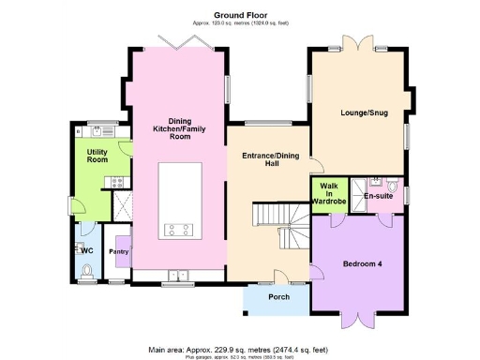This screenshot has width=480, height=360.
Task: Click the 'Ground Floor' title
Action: (239, 15)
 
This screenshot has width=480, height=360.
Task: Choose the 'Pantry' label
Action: (118, 252)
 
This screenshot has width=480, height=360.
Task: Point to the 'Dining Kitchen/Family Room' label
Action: (179, 127)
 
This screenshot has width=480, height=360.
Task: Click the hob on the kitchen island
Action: (179, 228)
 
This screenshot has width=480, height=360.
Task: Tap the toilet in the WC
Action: (87, 271)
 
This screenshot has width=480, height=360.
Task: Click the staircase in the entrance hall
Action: (281, 228)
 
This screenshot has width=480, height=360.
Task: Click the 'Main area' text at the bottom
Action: (239, 350)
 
